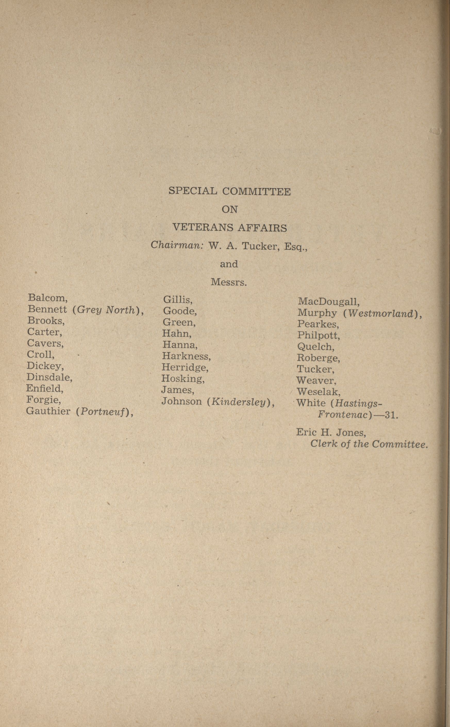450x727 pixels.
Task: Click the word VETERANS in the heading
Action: (203, 228)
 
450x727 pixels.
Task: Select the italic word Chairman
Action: (177, 245)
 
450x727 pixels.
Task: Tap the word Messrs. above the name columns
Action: (229, 282)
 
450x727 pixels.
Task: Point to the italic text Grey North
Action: (106, 310)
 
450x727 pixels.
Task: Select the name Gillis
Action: (177, 299)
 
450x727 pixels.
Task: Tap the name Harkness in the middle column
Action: (186, 356)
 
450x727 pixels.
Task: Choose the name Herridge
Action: (184, 368)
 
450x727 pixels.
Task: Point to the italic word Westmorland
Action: (381, 314)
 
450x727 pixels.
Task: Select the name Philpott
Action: (318, 335)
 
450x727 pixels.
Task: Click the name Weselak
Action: (318, 391)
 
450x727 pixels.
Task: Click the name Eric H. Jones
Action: (330, 432)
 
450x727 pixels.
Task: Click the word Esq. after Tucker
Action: (295, 246)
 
